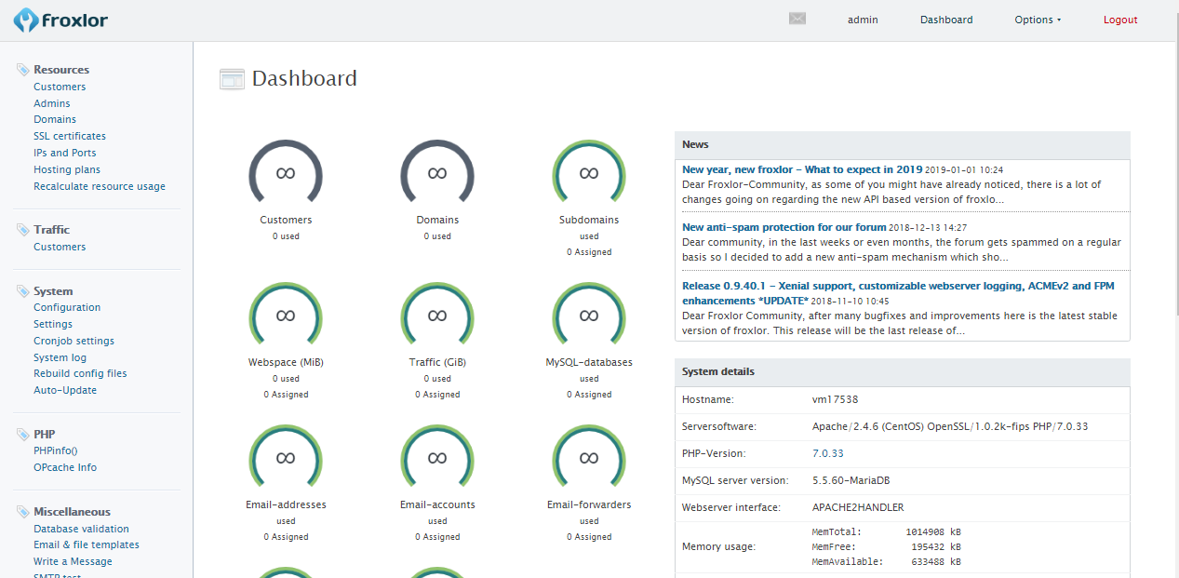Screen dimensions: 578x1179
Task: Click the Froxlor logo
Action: click(60, 20)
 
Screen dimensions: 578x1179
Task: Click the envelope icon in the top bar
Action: click(797, 19)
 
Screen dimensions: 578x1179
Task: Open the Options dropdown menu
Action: click(1038, 20)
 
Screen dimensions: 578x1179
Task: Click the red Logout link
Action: click(1120, 20)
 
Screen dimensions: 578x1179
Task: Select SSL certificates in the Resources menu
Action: click(70, 136)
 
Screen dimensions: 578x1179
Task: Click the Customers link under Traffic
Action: click(60, 247)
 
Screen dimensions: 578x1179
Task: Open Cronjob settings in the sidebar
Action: click(74, 341)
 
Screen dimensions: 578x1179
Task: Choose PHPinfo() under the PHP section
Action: click(56, 450)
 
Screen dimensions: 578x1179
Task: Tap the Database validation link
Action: click(81, 529)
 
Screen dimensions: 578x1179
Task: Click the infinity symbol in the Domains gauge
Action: click(437, 173)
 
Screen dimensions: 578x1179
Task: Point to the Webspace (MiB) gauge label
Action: click(286, 362)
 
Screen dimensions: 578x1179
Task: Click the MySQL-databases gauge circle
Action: click(589, 316)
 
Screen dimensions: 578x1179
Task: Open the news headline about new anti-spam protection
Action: click(784, 227)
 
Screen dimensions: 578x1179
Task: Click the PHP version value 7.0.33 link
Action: click(827, 453)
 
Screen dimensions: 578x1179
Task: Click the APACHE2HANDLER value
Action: click(857, 507)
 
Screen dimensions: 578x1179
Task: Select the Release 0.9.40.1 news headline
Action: click(898, 286)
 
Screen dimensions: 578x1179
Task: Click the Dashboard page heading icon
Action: click(232, 79)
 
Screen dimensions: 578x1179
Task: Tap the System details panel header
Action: click(902, 371)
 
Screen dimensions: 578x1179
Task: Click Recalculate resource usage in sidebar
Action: click(99, 186)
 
